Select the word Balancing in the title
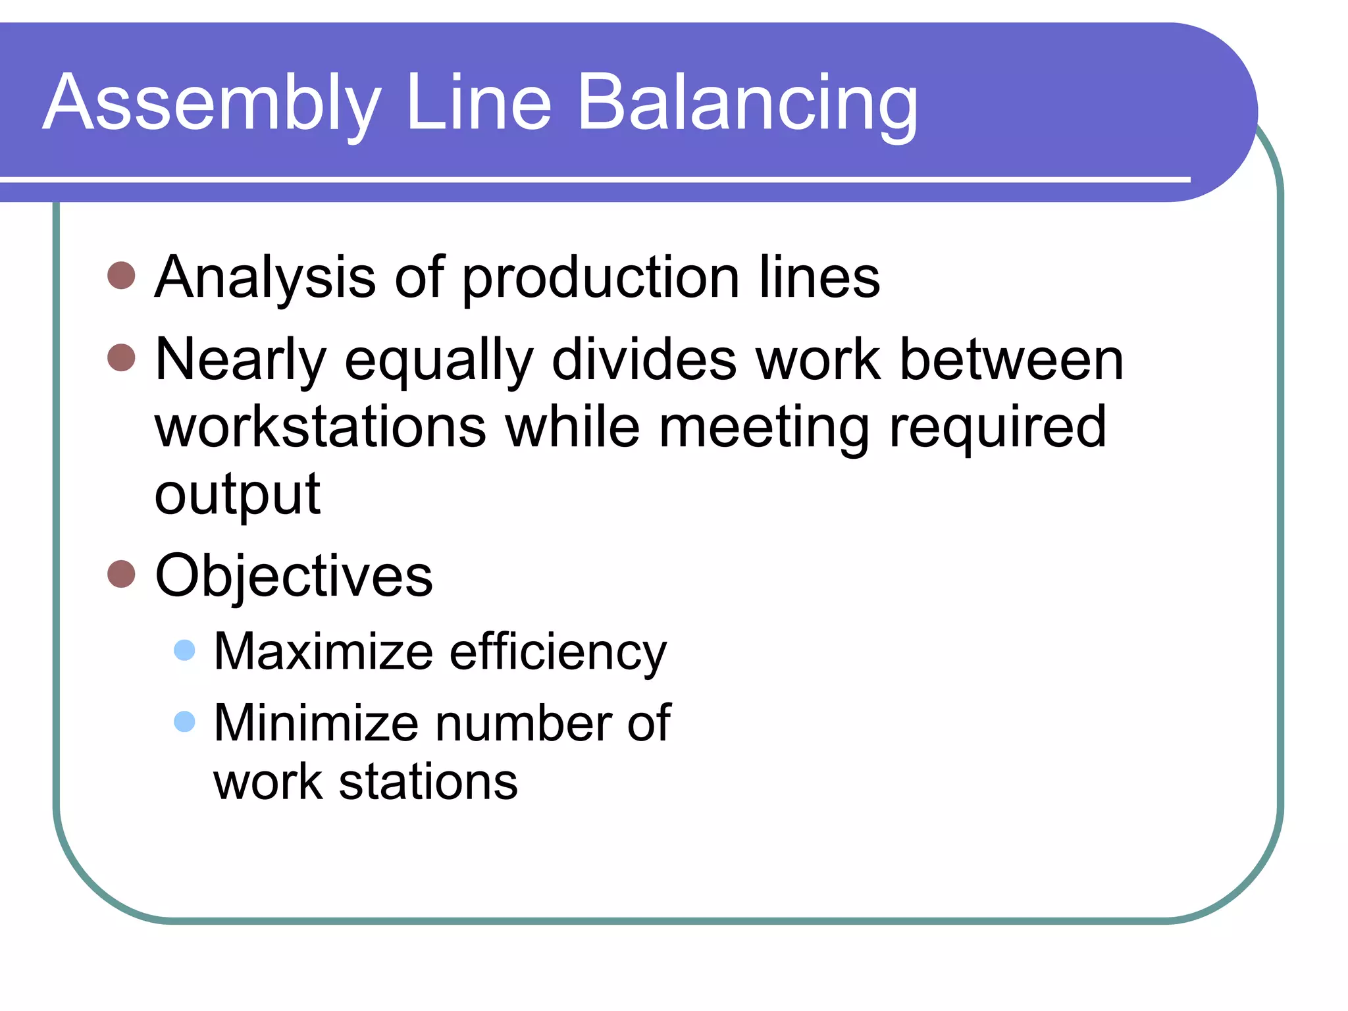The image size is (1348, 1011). pos(747,104)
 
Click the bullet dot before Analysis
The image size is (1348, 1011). pos(121,275)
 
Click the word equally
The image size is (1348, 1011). pos(438,361)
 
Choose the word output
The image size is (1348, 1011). pos(237,495)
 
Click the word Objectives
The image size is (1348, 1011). pos(294,577)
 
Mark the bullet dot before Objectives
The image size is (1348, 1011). pos(121,573)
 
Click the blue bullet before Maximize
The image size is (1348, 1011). pos(184,650)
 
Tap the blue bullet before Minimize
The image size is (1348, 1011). pos(184,721)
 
